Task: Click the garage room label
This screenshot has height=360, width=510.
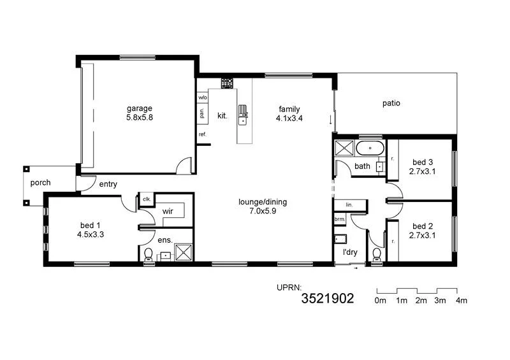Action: point(139,108)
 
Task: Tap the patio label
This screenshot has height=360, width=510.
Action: point(391,103)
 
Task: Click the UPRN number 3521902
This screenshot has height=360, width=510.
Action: point(327,298)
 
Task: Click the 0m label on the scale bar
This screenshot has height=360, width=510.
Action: point(381,300)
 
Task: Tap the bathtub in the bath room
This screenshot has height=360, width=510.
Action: point(369,150)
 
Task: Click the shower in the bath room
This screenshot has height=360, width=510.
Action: point(344,149)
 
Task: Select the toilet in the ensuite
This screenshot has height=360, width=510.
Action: point(149,255)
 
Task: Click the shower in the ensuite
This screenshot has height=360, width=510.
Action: point(183,252)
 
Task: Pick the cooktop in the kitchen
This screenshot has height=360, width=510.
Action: point(226,83)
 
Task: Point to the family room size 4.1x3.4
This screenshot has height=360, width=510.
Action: point(289,118)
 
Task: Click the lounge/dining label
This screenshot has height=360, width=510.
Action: point(263,202)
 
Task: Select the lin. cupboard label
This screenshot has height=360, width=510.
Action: point(349,205)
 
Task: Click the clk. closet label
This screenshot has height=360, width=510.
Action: point(146,199)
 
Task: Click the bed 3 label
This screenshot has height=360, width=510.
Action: point(423,162)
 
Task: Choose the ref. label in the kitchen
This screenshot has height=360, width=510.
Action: point(202,134)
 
